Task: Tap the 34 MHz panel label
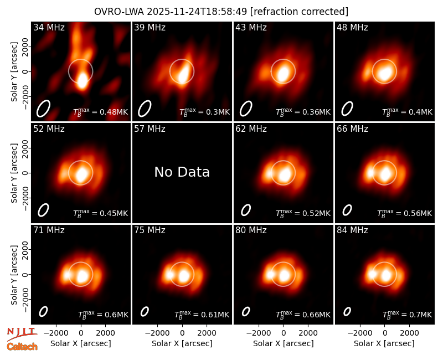click(49, 27)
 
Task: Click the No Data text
click(182, 172)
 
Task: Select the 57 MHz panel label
click(150, 129)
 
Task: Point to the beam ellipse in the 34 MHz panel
click(43, 109)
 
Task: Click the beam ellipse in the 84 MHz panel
click(347, 311)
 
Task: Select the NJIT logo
click(22, 333)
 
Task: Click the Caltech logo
click(22, 347)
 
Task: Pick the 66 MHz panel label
click(352, 129)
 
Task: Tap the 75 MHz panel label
click(150, 230)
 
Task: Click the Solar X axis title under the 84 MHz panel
click(384, 343)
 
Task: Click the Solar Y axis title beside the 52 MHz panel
click(14, 173)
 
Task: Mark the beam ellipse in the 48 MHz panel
click(347, 109)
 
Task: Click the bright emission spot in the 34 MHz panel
click(82, 81)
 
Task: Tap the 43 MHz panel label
click(251, 27)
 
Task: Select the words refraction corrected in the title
click(300, 12)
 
